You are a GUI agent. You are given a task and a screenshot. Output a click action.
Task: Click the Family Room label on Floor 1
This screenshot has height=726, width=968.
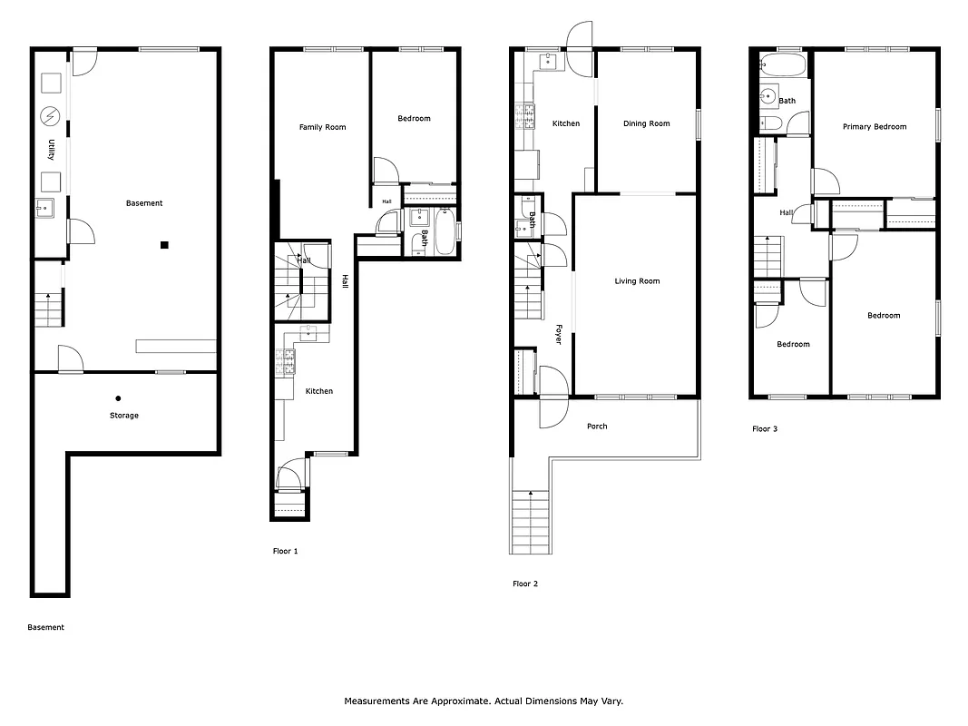[x=322, y=127]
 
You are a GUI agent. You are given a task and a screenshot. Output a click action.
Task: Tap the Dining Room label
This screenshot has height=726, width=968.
[x=646, y=123]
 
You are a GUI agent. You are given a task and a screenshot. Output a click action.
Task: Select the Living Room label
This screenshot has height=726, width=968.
[x=637, y=281]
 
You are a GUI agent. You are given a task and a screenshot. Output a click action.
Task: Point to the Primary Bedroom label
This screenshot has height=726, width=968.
[x=874, y=127]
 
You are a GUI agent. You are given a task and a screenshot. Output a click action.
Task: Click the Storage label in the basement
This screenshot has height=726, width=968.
[x=124, y=416]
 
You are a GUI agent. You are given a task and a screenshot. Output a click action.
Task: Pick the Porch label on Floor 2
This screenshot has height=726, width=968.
[x=597, y=427]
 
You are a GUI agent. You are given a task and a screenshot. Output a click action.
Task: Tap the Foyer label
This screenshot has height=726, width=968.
[x=559, y=334]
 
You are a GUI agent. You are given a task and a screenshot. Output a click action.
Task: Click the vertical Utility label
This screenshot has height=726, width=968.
[x=52, y=151]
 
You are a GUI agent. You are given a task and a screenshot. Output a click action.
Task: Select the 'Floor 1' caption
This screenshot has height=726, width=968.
[x=285, y=551]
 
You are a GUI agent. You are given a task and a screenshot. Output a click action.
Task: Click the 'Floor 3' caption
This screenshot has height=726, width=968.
[x=765, y=428]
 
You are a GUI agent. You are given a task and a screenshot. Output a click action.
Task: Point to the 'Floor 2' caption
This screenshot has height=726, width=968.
[x=525, y=584]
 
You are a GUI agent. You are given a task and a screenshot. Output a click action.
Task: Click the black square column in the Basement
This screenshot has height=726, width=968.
[x=164, y=244]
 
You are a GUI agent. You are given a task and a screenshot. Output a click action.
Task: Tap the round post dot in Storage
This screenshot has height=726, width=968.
[x=118, y=397]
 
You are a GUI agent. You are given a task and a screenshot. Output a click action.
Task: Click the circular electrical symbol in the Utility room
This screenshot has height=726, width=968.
[x=50, y=116]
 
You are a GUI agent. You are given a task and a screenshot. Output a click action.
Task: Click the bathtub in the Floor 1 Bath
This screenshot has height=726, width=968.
[x=445, y=232]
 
